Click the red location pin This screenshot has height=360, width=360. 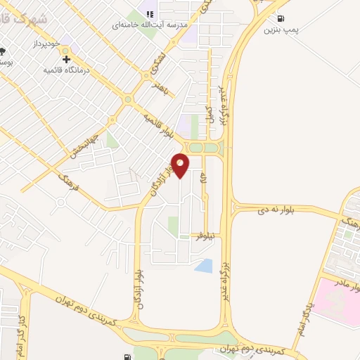[181, 165]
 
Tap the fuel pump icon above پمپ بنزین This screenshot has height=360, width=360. [281, 19]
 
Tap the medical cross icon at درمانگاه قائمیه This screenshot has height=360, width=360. [66, 60]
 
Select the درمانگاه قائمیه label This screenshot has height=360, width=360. [70, 71]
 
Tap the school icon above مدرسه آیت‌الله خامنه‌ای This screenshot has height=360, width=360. [149, 13]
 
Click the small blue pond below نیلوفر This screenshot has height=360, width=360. [203, 266]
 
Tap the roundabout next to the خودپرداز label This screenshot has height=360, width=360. [66, 50]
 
